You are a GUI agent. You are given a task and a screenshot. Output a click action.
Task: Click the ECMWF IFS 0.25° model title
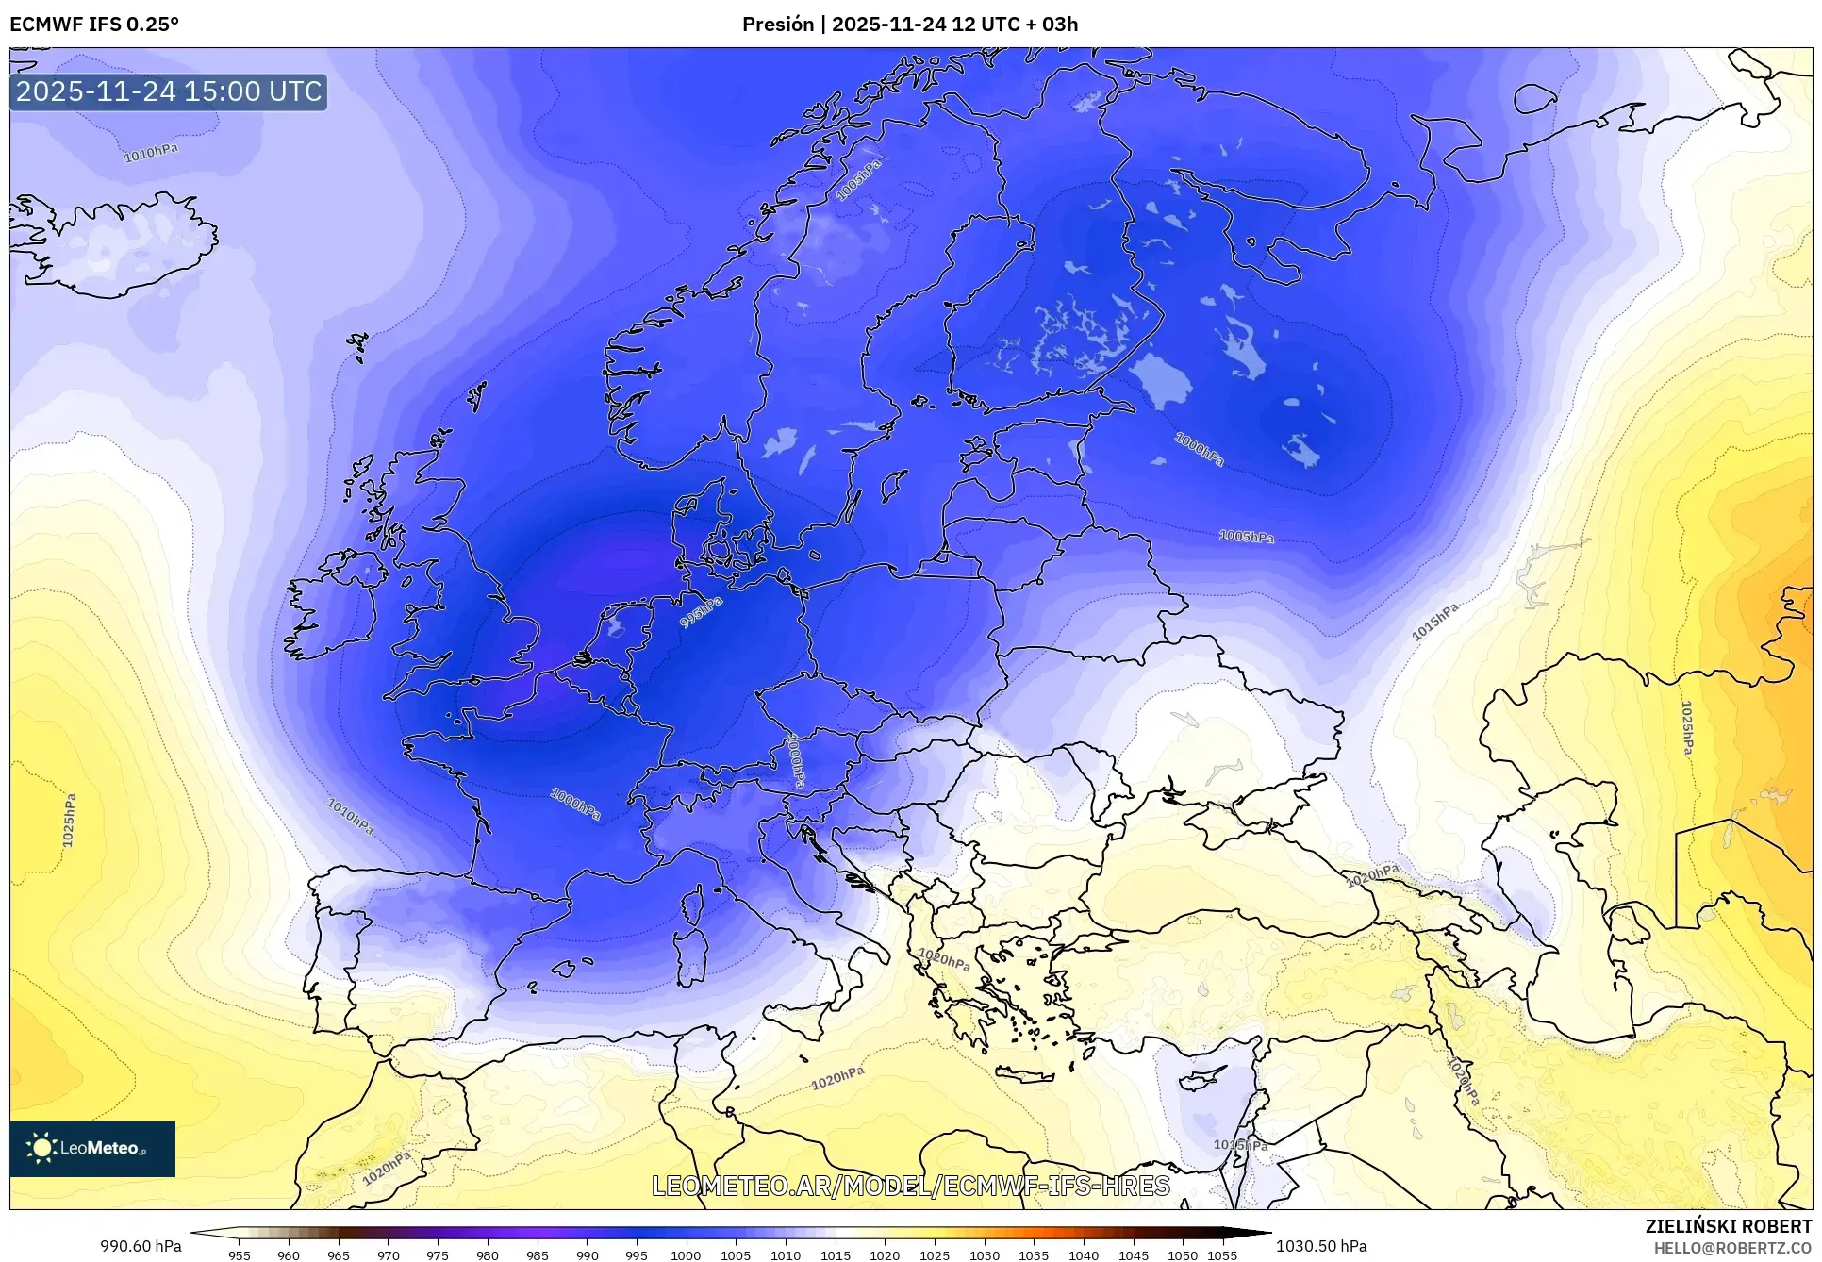93,25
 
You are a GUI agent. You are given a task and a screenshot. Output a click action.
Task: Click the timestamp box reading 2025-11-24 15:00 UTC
169,91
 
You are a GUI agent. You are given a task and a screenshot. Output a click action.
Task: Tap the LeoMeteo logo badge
92,1148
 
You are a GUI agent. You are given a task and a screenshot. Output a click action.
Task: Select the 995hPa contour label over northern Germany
702,612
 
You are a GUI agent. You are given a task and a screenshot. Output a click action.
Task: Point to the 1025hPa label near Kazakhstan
1686,727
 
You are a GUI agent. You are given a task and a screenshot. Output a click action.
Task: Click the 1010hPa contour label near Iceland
151,153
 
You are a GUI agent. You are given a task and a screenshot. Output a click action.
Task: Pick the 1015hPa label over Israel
1240,1145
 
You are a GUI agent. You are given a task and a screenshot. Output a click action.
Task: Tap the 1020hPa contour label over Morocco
387,1169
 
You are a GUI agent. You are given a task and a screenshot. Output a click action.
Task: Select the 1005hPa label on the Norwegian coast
859,179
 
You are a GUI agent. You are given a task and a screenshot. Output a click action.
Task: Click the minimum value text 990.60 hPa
141,1246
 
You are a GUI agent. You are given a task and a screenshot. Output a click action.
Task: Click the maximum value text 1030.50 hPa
1320,1246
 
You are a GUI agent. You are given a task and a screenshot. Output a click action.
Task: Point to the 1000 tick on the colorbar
686,1254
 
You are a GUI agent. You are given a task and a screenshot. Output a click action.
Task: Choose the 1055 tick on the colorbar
1222,1254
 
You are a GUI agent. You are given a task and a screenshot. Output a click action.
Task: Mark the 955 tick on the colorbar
240,1254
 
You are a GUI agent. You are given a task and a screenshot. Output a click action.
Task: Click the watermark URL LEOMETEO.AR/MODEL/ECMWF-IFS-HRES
911,1186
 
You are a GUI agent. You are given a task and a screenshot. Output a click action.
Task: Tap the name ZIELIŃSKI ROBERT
1728,1226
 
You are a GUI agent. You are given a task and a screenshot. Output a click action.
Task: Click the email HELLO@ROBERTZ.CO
1732,1248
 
